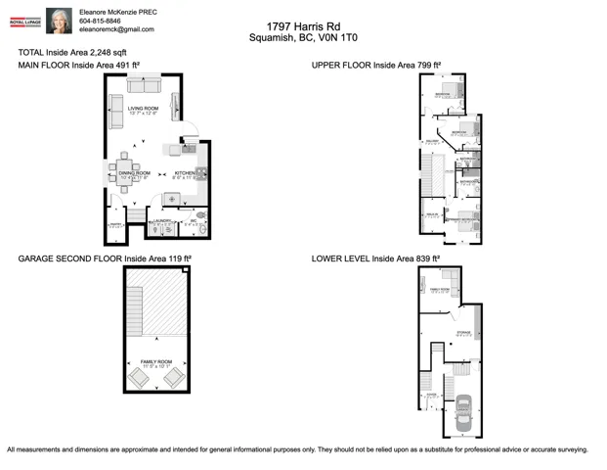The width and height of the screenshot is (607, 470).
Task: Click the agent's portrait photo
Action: [59, 21]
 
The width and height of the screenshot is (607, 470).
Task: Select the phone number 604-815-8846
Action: [100, 20]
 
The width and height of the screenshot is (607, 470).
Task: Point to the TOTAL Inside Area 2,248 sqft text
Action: [72, 52]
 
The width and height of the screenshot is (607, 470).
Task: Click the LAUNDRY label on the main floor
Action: [163, 221]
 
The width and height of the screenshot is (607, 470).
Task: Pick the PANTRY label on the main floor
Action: [114, 225]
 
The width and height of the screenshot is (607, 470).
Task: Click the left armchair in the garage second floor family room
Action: [137, 377]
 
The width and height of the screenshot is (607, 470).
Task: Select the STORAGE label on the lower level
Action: [462, 333]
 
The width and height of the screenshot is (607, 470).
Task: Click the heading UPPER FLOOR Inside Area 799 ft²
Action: [375, 65]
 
